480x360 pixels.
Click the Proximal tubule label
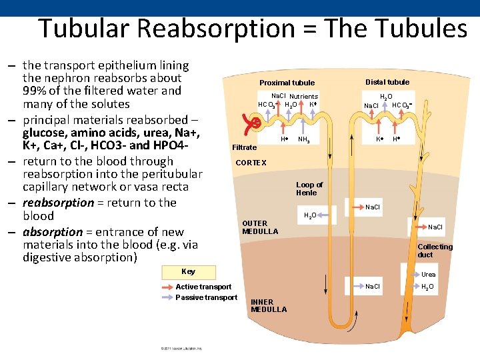pyautogui.click(x=287, y=83)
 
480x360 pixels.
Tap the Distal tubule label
pyautogui.click(x=387, y=82)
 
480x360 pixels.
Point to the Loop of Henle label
pyautogui.click(x=309, y=189)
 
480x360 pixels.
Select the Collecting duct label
pyautogui.click(x=435, y=251)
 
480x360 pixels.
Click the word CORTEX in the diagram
pyautogui.click(x=251, y=163)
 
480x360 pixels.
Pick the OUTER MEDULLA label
pyautogui.click(x=259, y=227)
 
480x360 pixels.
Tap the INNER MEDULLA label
pyautogui.click(x=269, y=305)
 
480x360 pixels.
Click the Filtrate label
pyautogui.click(x=244, y=147)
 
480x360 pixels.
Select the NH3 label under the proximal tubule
pyautogui.click(x=303, y=140)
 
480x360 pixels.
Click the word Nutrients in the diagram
pyautogui.click(x=303, y=96)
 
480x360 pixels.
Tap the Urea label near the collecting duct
pyautogui.click(x=428, y=275)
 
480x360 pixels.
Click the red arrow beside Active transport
pyautogui.click(x=165, y=287)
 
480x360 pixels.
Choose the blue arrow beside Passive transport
pyautogui.click(x=165, y=297)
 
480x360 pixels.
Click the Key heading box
pyautogui.click(x=188, y=271)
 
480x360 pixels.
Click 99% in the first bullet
pyautogui.click(x=35, y=91)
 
